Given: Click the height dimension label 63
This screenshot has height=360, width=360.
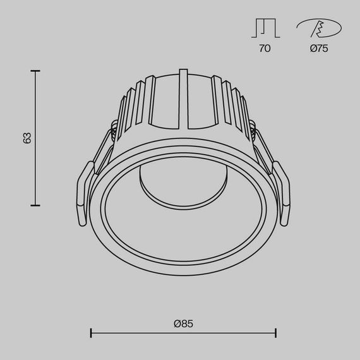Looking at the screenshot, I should point(27,138).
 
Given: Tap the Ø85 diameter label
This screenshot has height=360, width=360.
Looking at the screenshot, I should point(183,323).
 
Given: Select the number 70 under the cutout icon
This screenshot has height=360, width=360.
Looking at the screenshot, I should point(265,49).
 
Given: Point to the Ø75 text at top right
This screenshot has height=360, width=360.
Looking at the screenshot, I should point(319,49).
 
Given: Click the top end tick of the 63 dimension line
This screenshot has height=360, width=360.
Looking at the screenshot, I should point(35,71).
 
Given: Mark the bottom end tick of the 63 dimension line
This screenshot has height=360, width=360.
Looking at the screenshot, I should point(35,205).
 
